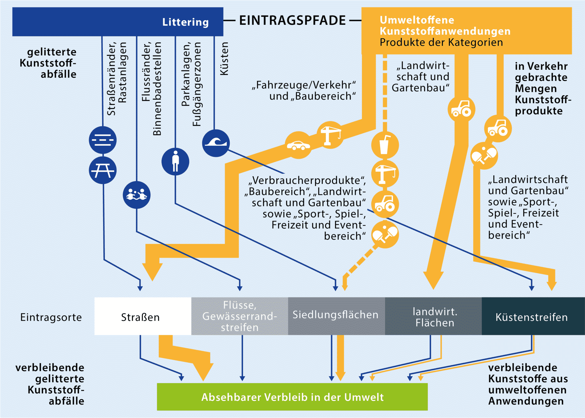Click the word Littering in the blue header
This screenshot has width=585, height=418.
coord(185,22)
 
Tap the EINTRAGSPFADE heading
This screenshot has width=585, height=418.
coord(292,21)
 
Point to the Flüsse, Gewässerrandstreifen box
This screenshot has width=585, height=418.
coord(239,316)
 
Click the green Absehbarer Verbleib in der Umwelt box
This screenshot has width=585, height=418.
coord(292,397)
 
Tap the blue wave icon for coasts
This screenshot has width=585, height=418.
coord(216,143)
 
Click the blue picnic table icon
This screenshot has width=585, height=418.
coord(103,170)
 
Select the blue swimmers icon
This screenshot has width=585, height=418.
coord(137,195)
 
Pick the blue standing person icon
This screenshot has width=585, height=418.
coord(175,161)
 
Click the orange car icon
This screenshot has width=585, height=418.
coord(298,145)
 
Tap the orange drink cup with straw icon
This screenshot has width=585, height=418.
coord(385,145)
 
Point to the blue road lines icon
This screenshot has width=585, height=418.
coord(103,140)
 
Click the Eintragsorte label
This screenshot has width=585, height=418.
coord(51,317)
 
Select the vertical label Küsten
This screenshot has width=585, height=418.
coord(224,59)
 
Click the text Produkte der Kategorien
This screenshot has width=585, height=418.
coord(441,42)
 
